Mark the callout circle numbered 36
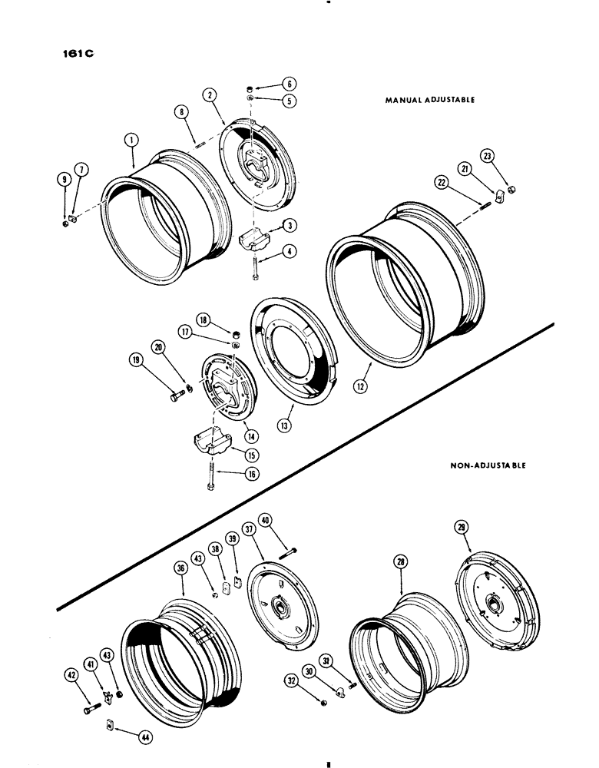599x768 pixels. (181, 569)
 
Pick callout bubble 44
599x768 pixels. (144, 737)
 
